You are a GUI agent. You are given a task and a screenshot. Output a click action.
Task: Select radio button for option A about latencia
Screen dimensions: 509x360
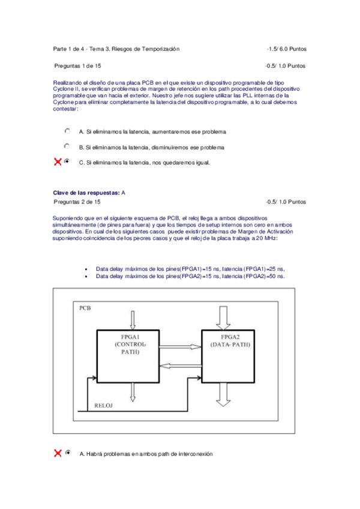(x=67, y=130)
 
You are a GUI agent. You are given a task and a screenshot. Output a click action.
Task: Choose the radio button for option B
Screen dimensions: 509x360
(x=67, y=146)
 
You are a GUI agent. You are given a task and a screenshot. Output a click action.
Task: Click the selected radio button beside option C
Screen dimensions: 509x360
(x=67, y=161)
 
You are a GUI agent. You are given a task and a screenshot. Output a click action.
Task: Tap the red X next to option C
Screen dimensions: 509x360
(x=58, y=161)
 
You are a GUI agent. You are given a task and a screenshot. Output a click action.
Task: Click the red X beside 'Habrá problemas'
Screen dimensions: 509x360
(x=58, y=453)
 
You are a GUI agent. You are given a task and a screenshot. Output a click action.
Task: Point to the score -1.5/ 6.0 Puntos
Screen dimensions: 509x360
(x=287, y=48)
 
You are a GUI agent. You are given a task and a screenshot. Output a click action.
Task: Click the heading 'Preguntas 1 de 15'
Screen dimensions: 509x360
(x=77, y=65)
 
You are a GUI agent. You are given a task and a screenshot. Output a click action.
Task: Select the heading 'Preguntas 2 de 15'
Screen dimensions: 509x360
(x=77, y=202)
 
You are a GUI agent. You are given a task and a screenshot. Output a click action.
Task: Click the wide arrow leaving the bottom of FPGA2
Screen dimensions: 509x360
(x=224, y=394)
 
